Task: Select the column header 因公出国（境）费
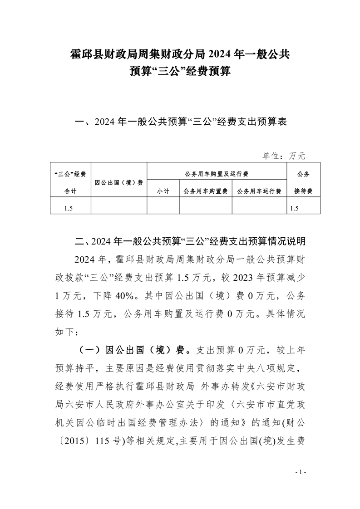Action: pyautogui.click(x=119, y=182)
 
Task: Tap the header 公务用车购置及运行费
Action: pyautogui.click(x=217, y=174)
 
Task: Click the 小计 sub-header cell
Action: pyautogui.click(x=163, y=191)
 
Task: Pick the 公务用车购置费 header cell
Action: pyautogui.click(x=206, y=191)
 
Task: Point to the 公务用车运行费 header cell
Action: pyautogui.click(x=259, y=191)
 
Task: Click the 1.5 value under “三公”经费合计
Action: pyautogui.click(x=69, y=208)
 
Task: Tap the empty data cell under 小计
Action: pyautogui.click(x=163, y=208)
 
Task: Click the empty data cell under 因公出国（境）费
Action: pyautogui.click(x=119, y=208)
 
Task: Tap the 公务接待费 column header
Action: pyautogui.click(x=303, y=182)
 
